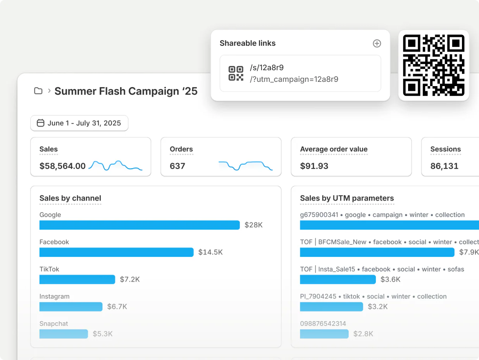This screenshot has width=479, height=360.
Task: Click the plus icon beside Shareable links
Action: [x=377, y=43]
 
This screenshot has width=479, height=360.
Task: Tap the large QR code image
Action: [x=434, y=65]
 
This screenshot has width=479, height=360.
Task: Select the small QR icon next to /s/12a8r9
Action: [x=236, y=73]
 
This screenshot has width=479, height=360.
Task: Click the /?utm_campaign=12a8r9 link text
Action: [x=294, y=79]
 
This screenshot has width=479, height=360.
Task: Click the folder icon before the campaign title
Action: [x=38, y=91]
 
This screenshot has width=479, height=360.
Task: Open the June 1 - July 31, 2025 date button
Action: [x=79, y=123]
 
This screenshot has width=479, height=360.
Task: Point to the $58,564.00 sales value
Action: [x=62, y=166]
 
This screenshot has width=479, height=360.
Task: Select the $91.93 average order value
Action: [x=314, y=166]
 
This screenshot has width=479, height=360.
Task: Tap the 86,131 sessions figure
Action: [x=444, y=166]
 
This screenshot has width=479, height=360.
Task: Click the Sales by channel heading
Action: [x=70, y=198]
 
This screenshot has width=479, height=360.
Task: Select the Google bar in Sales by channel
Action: [x=140, y=225]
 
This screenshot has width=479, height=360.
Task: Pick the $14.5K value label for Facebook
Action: [x=210, y=252]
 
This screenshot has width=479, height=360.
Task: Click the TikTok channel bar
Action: [x=77, y=279]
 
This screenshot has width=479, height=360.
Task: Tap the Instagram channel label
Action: [x=54, y=296]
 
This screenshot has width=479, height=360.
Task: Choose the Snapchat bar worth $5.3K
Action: [x=64, y=334]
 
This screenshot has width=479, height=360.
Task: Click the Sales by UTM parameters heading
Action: [x=347, y=198]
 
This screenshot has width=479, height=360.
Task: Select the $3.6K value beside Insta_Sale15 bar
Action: [x=390, y=279]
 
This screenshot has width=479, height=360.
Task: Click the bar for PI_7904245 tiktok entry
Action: [x=331, y=306]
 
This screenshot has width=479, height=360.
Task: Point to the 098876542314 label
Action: [x=323, y=324]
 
